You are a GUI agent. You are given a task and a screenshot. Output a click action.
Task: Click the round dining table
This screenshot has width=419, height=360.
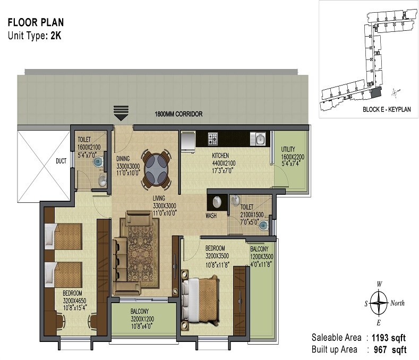click(x=156, y=169)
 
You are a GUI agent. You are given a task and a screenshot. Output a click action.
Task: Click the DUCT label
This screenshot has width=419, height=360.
click(x=61, y=161)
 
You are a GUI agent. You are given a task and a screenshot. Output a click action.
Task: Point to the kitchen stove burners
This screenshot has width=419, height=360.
click(x=212, y=139)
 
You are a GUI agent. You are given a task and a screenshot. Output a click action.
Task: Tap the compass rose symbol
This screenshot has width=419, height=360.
click(x=378, y=304)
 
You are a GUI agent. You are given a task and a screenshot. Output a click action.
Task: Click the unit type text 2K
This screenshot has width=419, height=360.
click(x=56, y=36)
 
